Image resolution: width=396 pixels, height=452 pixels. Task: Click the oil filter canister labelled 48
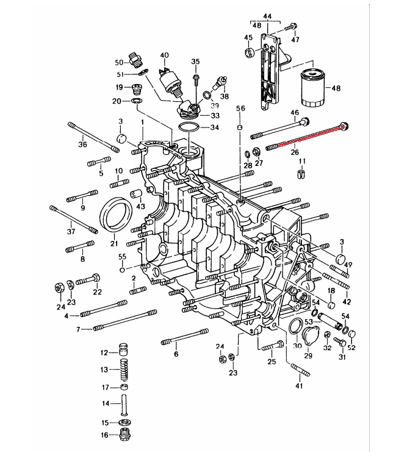pos(312,88)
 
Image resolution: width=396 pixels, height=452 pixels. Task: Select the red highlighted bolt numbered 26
pos(307,137)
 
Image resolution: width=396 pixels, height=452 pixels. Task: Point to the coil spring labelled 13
pos(124,370)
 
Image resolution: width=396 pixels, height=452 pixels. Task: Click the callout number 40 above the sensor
pos(164,56)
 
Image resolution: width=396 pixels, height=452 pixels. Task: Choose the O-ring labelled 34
pos(189,127)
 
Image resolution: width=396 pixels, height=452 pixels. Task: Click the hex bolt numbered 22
pos(88,279)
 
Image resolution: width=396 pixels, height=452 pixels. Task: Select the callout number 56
pos(240,109)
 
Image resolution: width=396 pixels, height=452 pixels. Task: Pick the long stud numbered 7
pos(125,321)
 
